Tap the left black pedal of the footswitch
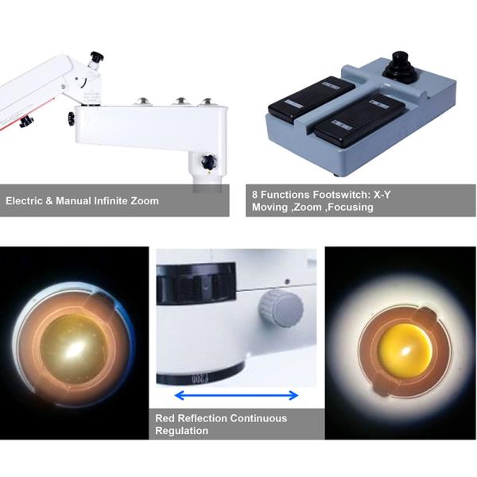coord(311,98)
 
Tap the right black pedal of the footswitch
coord(359,118)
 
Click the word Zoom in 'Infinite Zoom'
coord(145,201)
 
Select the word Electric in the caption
coord(24,201)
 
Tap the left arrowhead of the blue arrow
coord(180,395)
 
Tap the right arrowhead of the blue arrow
coord(293,395)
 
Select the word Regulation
coord(181,431)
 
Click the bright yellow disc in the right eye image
coord(405,349)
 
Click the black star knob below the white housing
coord(209,161)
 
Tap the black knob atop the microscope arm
coord(97,57)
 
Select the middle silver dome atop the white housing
coord(180,102)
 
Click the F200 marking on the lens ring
coord(200,378)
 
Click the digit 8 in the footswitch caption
coord(254,195)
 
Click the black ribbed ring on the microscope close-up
coord(196,284)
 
